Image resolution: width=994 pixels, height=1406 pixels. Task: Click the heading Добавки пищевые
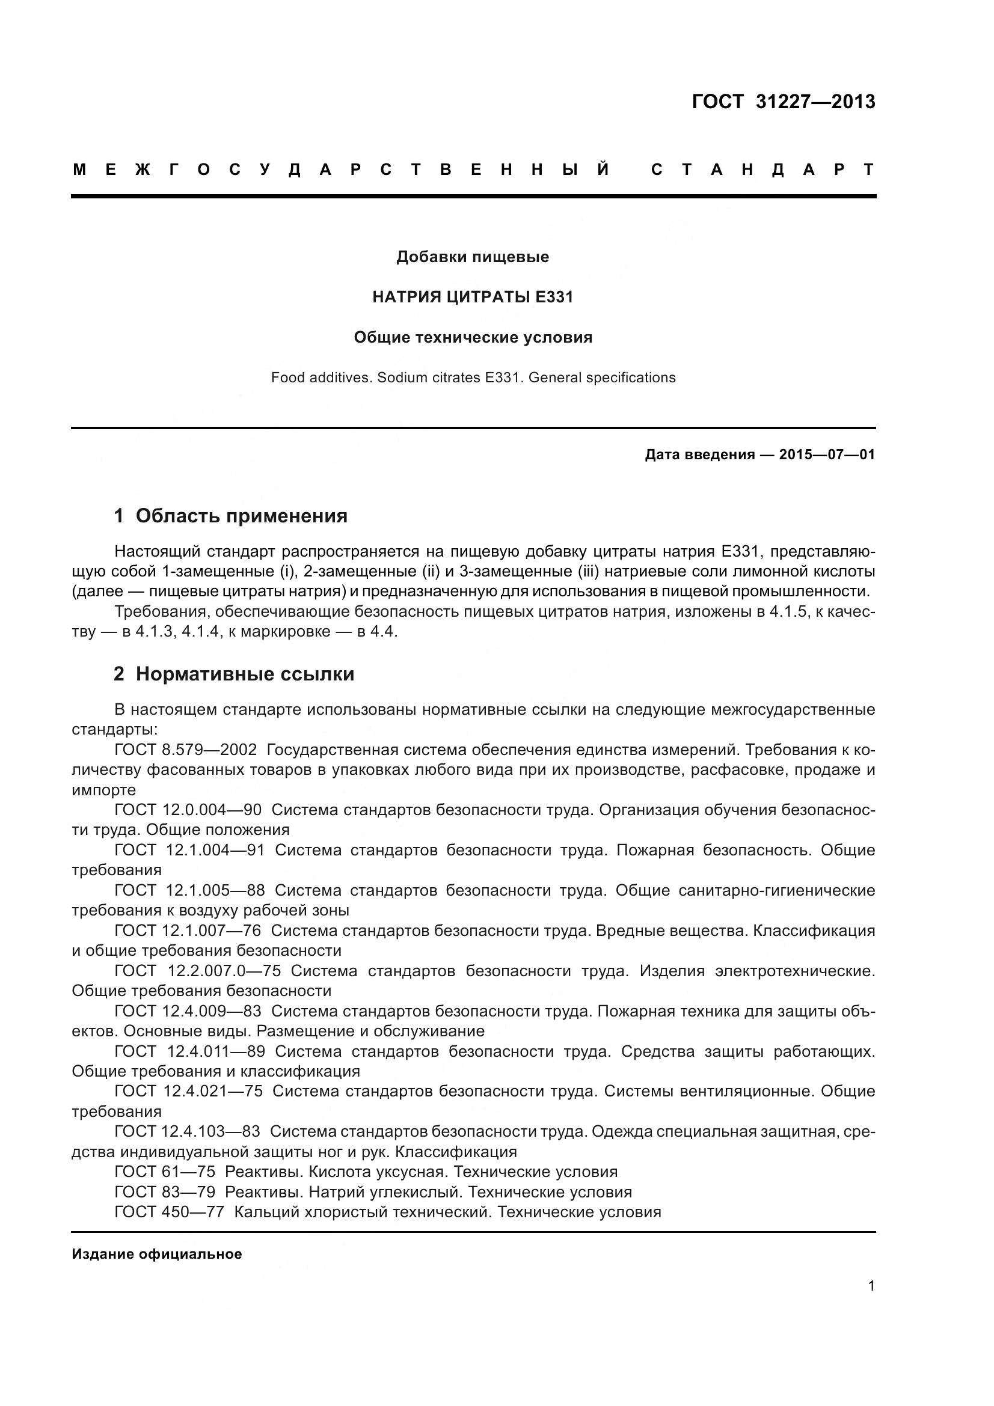tap(472, 257)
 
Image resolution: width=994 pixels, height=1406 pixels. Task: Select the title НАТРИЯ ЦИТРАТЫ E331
tap(472, 297)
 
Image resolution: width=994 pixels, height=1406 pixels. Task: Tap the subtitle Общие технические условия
tap(472, 337)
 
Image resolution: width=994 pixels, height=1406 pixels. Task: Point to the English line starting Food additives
tap(472, 378)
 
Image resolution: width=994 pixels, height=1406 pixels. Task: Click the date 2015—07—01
tap(826, 454)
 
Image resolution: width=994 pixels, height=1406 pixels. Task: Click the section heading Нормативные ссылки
tap(244, 674)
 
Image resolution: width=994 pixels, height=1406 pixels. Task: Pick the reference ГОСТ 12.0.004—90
tap(188, 810)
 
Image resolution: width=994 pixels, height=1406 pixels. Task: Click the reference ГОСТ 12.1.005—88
tap(189, 890)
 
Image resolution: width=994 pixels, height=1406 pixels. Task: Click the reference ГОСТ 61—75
tap(165, 1172)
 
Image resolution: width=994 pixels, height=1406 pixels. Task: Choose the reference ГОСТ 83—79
tap(165, 1191)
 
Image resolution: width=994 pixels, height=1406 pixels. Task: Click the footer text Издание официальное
tap(157, 1253)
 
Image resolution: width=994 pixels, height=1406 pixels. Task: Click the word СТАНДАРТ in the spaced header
tap(762, 170)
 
